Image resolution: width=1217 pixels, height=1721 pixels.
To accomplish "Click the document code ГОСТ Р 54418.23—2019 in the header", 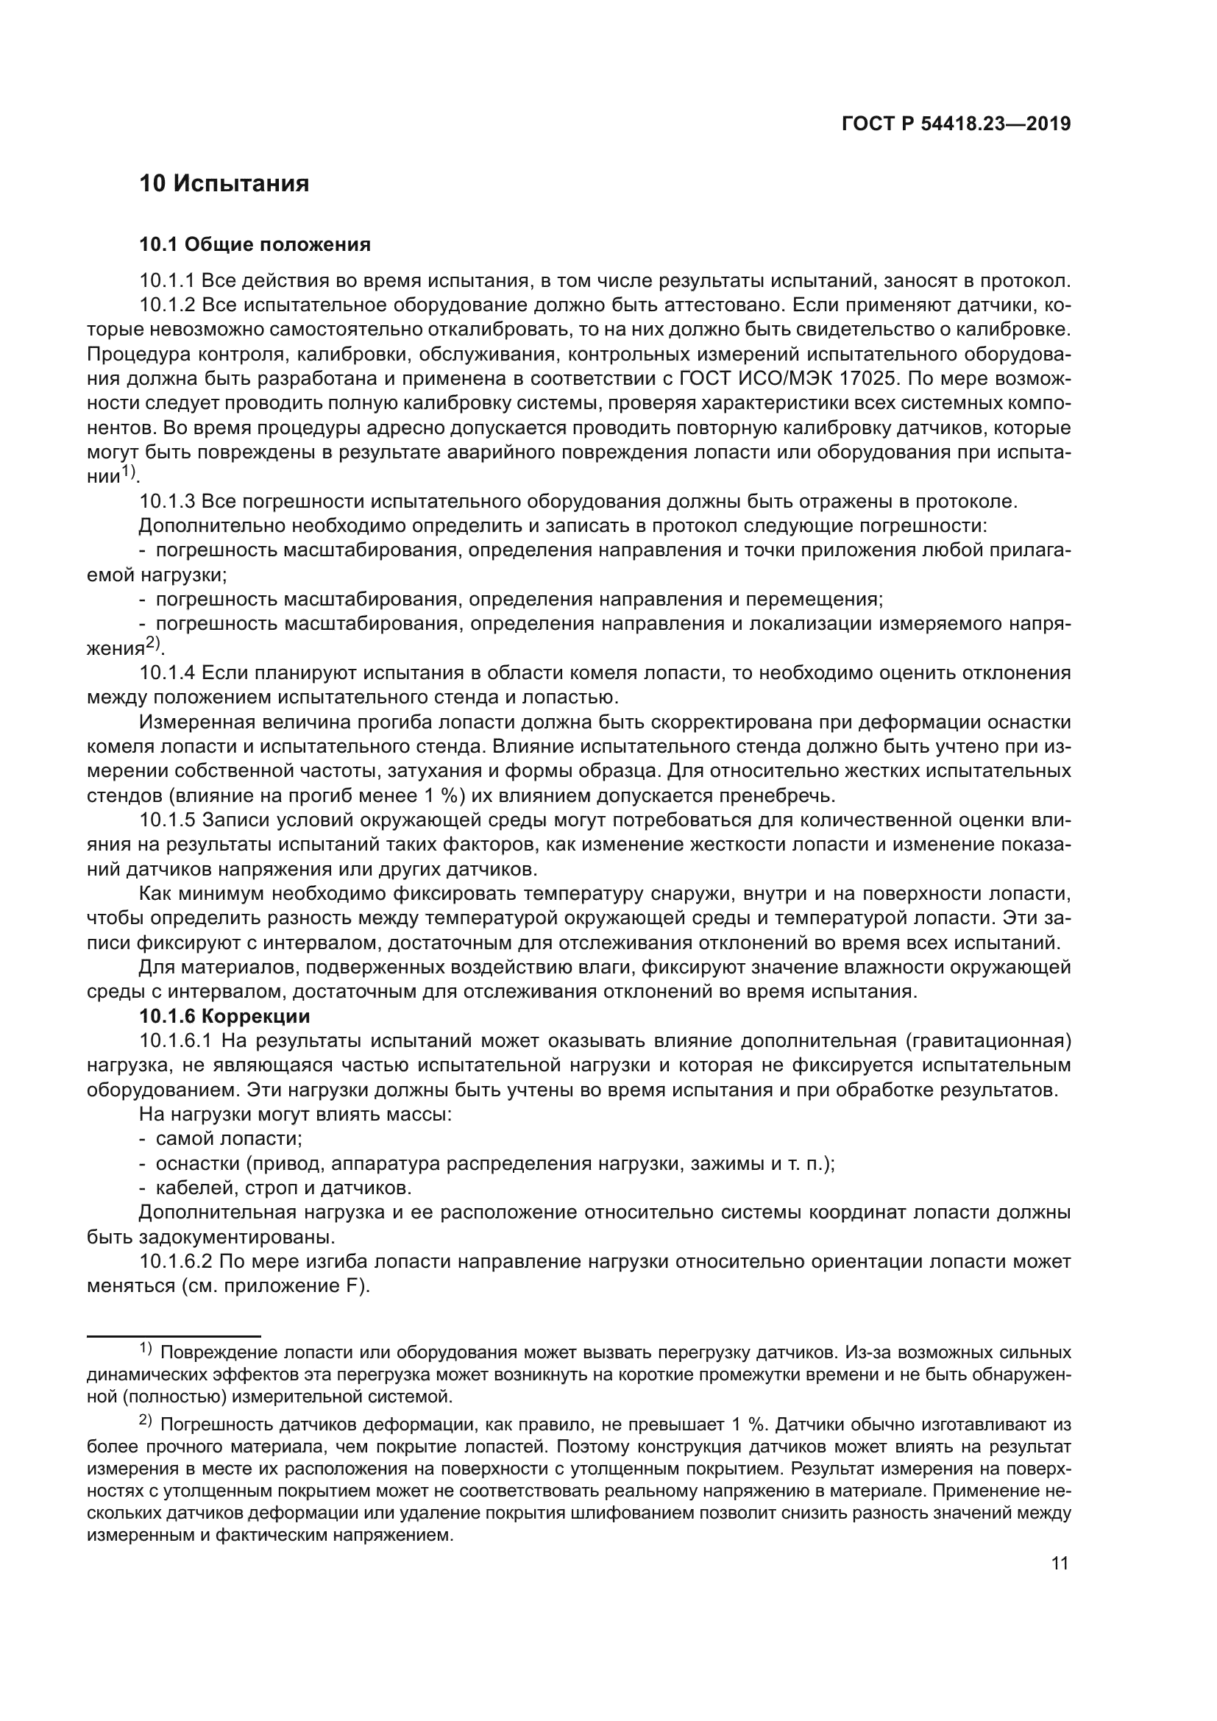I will tap(957, 124).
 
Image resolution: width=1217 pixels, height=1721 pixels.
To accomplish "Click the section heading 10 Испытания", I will tap(224, 184).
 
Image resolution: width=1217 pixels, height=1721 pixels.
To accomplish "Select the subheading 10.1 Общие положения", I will tap(255, 244).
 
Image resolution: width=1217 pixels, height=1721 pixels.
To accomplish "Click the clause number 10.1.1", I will tap(166, 281).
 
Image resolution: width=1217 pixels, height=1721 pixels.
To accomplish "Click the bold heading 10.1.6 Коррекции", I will tap(224, 1016).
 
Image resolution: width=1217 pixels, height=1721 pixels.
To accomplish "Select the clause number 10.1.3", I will tap(166, 502).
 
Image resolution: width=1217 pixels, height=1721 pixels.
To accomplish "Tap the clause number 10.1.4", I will tap(166, 673).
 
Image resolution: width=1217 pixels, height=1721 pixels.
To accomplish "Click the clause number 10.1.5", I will tap(166, 820).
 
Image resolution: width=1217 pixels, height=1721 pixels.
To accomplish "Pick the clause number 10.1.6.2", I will tap(175, 1262).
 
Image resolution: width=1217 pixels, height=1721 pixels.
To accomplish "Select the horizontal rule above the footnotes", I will tap(173, 1335).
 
